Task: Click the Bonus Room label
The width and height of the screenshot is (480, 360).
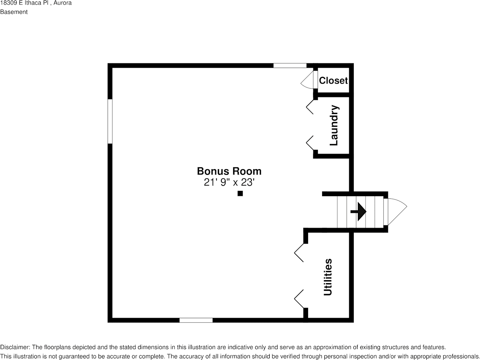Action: pyautogui.click(x=229, y=171)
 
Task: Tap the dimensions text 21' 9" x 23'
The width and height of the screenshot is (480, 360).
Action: pyautogui.click(x=229, y=182)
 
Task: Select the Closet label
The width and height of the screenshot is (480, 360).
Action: pyautogui.click(x=333, y=81)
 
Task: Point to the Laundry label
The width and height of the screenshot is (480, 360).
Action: pyautogui.click(x=334, y=125)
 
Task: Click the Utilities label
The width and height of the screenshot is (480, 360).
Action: pyautogui.click(x=327, y=277)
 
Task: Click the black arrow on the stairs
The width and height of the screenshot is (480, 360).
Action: pyautogui.click(x=358, y=212)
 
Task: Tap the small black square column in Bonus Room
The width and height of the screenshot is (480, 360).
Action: pyautogui.click(x=240, y=193)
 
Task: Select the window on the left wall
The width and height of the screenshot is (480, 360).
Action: pyautogui.click(x=110, y=121)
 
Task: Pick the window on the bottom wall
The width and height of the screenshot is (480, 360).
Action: pyautogui.click(x=196, y=320)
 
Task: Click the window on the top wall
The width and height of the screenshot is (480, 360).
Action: pyautogui.click(x=290, y=65)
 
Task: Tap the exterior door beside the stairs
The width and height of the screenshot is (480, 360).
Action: pyautogui.click(x=396, y=211)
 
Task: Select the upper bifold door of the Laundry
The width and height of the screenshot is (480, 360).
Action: pyautogui.click(x=310, y=106)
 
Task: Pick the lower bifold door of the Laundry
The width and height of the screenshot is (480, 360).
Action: pyautogui.click(x=310, y=143)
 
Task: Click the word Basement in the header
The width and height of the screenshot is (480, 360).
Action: pyautogui.click(x=14, y=12)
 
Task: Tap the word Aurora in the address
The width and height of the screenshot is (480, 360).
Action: pyautogui.click(x=63, y=3)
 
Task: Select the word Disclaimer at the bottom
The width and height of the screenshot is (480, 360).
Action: pyautogui.click(x=14, y=347)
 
